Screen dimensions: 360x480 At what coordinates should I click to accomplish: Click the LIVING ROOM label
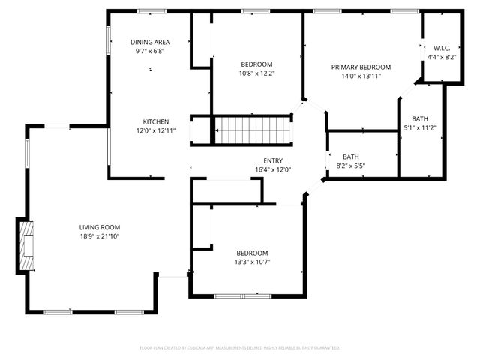100,227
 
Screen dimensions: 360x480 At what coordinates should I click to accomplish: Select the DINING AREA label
149,43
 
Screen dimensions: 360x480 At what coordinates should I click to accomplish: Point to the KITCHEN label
156,121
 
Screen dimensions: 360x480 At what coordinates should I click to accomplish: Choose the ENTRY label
273,160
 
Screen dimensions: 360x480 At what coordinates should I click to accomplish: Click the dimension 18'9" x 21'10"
100,236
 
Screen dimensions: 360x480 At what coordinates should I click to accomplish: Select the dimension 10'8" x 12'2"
256,73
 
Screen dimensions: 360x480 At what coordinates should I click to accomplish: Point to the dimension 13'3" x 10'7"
252,262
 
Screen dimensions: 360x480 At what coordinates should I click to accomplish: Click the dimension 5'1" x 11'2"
420,127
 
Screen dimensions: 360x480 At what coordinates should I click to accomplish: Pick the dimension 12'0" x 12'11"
156,130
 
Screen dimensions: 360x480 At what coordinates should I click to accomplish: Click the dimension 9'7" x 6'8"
149,52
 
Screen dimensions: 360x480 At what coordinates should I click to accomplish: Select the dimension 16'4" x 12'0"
273,169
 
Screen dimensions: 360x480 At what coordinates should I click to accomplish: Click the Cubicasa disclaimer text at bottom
240,348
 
